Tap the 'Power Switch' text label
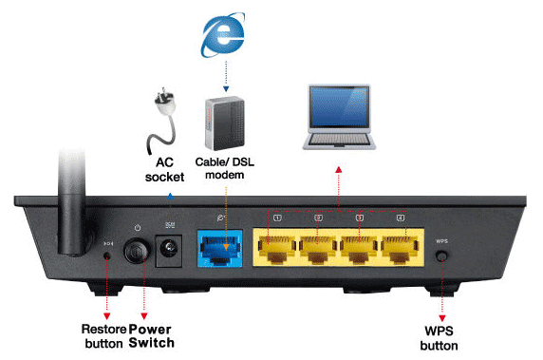[x=150, y=335]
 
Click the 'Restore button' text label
[x=103, y=335]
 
